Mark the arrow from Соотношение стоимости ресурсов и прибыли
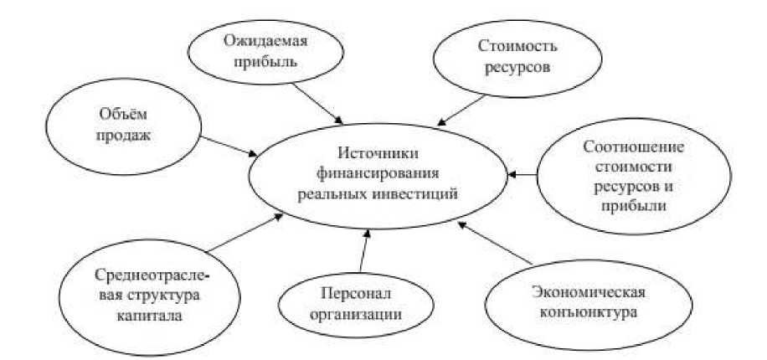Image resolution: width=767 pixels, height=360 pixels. [x=522, y=175]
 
